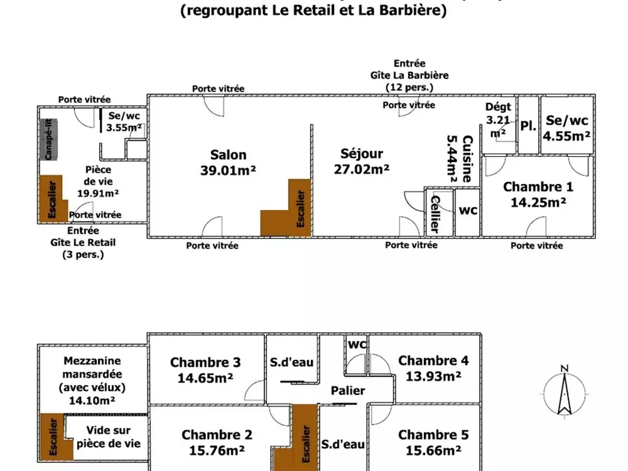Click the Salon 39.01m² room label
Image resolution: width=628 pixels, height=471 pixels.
(x=228, y=162)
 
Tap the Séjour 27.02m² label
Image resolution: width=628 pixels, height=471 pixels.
(x=361, y=161)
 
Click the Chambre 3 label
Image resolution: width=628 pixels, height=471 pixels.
(x=205, y=369)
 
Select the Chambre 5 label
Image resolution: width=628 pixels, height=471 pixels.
(x=433, y=442)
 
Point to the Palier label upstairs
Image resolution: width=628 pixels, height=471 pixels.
(x=348, y=391)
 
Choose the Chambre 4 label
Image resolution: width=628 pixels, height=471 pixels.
(x=433, y=368)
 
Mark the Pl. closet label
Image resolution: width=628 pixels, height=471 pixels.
(x=528, y=125)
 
